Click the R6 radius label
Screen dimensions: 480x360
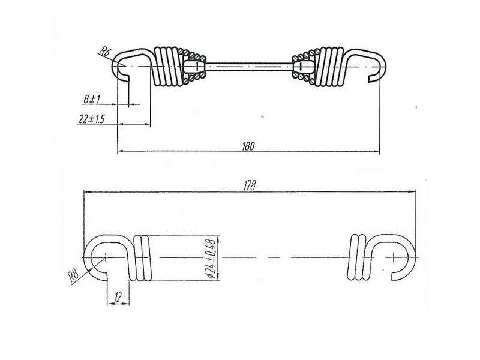[104, 52]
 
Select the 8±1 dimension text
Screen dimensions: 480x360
[92, 99]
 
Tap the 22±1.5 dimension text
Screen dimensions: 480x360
[91, 119]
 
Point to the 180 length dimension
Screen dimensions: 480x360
[248, 146]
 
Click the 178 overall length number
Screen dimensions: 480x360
[250, 186]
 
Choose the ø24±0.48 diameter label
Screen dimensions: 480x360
[212, 259]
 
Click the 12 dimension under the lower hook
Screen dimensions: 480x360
[118, 296]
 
